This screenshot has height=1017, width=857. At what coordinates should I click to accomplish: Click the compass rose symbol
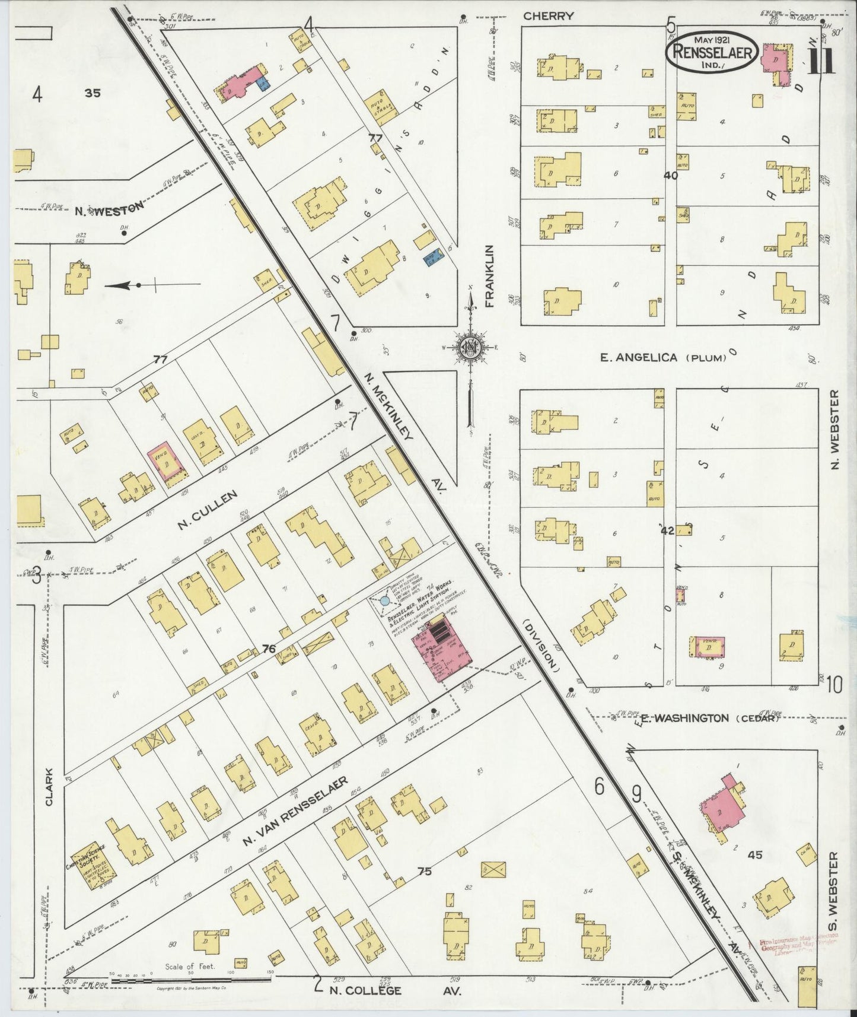(470, 348)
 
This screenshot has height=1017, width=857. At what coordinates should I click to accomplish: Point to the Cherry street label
(549, 16)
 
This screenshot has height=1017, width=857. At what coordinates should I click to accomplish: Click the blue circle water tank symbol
(384, 601)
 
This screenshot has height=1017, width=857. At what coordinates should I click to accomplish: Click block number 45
(754, 855)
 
